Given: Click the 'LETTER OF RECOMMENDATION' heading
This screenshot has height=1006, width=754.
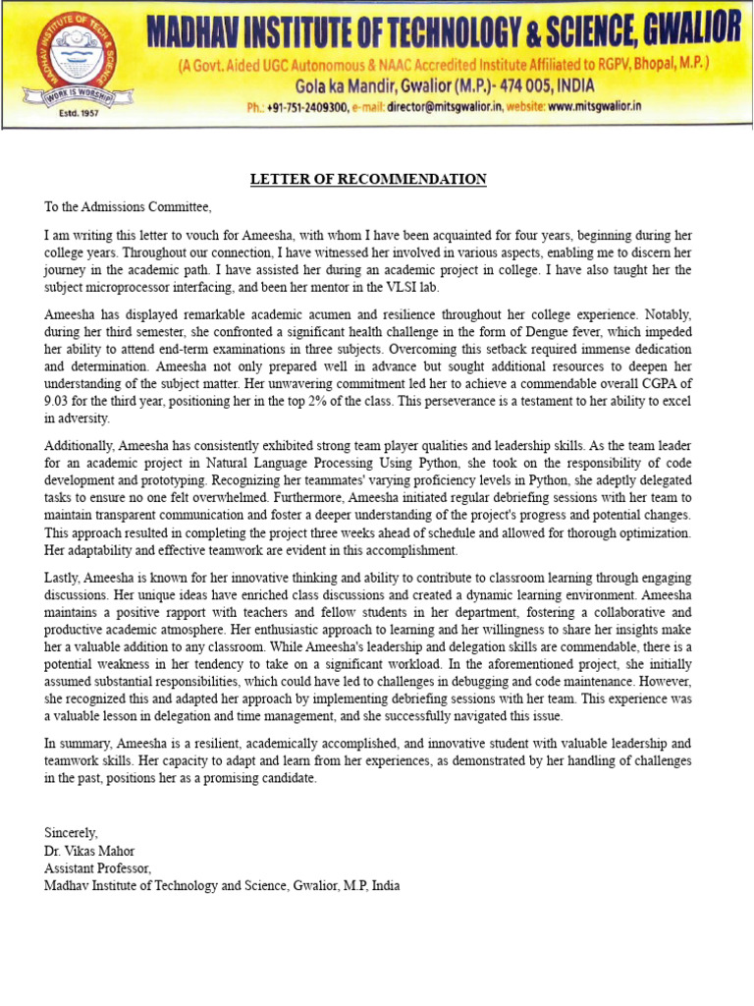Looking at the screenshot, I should point(368,179).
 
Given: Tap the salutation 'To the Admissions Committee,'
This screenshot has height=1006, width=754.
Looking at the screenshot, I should point(128,206).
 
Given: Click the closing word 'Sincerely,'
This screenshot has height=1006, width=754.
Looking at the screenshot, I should point(71,833).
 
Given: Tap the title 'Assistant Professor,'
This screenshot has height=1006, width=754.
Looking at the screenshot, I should point(97,868).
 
